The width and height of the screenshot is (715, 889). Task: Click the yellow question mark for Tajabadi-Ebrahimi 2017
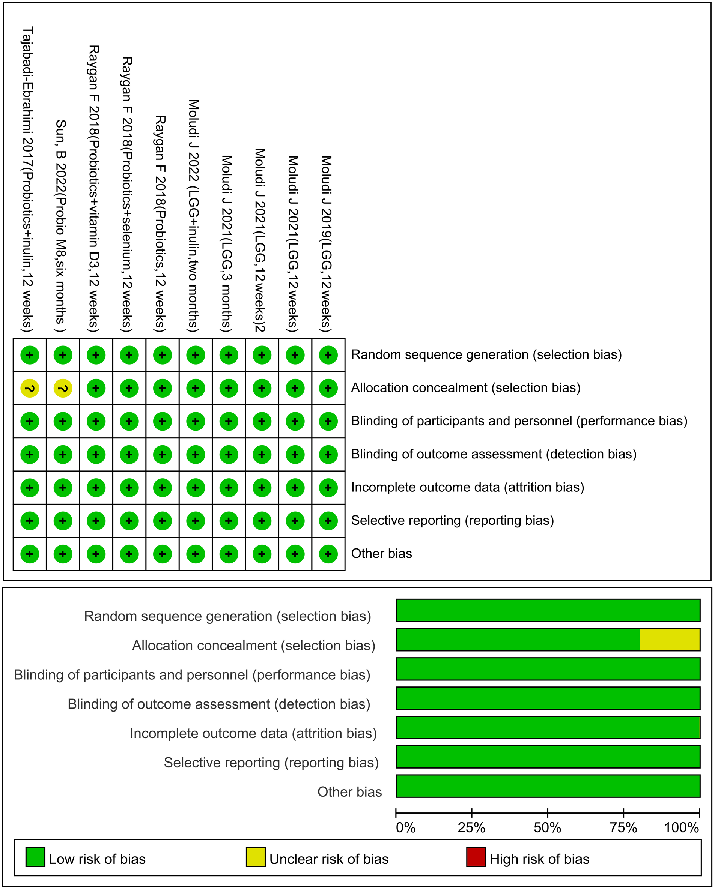[x=30, y=388]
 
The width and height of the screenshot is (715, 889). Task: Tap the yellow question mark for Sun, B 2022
[x=63, y=388]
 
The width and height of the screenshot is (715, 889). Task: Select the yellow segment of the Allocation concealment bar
[x=669, y=640]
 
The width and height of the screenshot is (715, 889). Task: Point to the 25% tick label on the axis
[x=471, y=827]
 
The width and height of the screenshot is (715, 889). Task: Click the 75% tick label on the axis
[x=623, y=827]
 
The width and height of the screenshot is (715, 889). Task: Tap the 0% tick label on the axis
[x=406, y=827]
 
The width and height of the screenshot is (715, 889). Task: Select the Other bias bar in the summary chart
[x=548, y=786]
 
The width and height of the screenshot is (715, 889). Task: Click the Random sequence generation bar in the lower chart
[x=548, y=610]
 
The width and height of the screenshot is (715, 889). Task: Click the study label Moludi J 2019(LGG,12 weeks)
[x=327, y=243]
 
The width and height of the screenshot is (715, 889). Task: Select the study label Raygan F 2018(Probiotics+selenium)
[x=127, y=194]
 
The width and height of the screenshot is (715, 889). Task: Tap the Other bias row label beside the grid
[x=381, y=553]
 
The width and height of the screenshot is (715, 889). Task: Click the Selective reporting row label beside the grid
[x=452, y=520]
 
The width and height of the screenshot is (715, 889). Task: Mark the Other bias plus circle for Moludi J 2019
[x=328, y=554]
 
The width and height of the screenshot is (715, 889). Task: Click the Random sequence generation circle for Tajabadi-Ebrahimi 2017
[x=30, y=355]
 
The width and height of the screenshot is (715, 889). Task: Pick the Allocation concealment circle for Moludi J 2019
[x=328, y=388]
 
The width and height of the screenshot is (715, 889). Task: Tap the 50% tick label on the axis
[x=547, y=827]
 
